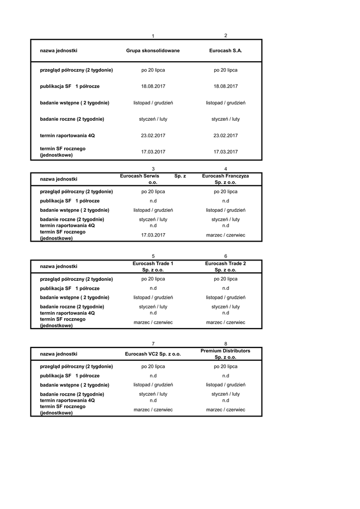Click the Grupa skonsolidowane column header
coord(153,51)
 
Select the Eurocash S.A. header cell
coord(225,51)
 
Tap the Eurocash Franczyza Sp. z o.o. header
coord(225,179)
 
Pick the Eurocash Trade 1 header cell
coord(153,266)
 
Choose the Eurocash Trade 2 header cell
coord(225,266)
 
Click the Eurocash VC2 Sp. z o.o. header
coord(153,354)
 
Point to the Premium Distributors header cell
coord(225,354)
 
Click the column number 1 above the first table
coord(153,36)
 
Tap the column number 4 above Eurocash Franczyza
coord(226,169)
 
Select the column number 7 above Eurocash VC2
coord(153,344)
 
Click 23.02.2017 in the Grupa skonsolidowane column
coord(153,135)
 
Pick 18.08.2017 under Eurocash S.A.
coord(225,86)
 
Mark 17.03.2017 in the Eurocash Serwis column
coord(153,235)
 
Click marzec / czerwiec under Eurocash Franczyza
coord(225,235)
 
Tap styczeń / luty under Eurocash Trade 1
coord(153,307)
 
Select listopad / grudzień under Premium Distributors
coord(225,385)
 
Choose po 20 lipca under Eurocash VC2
coord(153,366)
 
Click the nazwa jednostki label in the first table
coord(59,51)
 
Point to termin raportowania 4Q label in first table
coord(67,135)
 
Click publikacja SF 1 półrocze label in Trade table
coord(70,288)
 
